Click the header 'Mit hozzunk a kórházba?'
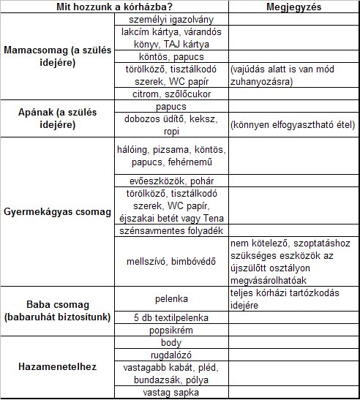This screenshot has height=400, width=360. coord(116,7)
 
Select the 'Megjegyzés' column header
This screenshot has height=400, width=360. coord(293,7)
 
